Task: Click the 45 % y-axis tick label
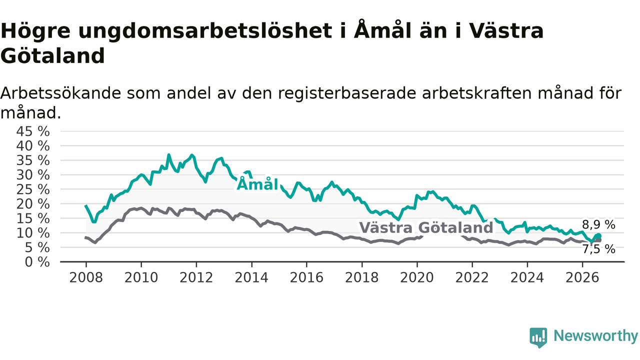[33, 131]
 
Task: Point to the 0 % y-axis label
[37, 262]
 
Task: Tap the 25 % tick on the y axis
[33, 189]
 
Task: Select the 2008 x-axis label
[86, 277]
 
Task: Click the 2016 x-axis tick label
[306, 277]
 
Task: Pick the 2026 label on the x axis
[582, 277]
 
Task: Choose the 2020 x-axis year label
[417, 277]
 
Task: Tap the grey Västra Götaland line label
[426, 227]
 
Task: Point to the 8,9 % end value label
[598, 224]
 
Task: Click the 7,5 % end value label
[598, 249]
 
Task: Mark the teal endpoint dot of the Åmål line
[599, 235]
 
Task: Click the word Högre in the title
[35, 31]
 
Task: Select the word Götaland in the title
[52, 55]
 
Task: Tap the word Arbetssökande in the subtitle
[60, 93]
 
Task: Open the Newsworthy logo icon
[538, 337]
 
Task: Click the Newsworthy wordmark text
[595, 335]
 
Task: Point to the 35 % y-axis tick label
[33, 160]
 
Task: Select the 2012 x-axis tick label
[196, 277]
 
